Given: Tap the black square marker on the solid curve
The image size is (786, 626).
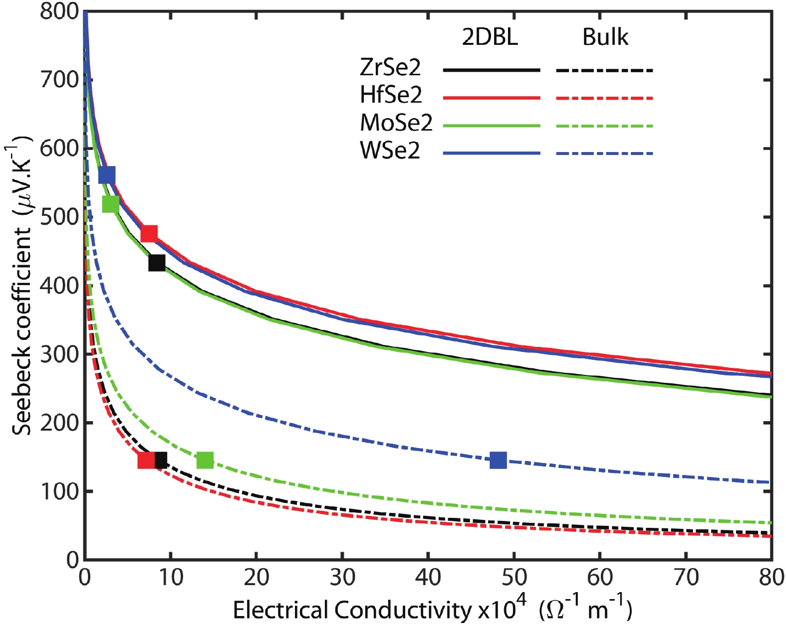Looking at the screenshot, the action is tap(157, 262).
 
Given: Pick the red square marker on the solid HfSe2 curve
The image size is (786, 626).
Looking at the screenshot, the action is tap(149, 233).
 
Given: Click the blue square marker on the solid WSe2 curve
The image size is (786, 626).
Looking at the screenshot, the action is tap(107, 175).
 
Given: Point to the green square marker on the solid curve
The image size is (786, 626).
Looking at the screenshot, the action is tap(111, 203).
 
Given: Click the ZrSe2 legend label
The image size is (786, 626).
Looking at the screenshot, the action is tap(390, 67).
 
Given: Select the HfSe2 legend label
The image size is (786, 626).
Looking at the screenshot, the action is tap(391, 95).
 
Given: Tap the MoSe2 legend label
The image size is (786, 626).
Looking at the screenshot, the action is tap(396, 123).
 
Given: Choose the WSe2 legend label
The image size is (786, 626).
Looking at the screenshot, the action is tap(390, 150).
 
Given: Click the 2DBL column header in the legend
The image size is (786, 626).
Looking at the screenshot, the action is tap(490, 37).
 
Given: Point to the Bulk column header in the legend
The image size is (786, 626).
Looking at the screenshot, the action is tap(605, 37).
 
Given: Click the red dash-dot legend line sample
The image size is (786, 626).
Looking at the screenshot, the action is tap(604, 98).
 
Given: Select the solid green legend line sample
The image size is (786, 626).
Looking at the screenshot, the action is tap(491, 126).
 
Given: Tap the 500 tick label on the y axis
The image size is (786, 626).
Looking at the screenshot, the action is tap(59, 218).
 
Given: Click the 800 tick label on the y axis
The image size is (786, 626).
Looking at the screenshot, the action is tap(59, 11).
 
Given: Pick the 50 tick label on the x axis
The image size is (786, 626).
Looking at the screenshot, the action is tap(514, 578).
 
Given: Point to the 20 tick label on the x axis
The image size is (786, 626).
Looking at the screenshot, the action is tap(257, 578).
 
